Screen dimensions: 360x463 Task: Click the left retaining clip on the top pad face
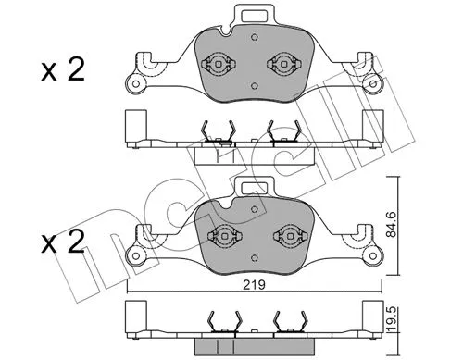[220, 64]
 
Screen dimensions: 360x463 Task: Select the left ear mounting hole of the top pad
[138, 88]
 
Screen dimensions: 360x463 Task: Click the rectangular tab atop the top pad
[251, 16]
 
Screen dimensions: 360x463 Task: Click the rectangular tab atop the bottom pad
[251, 188]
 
